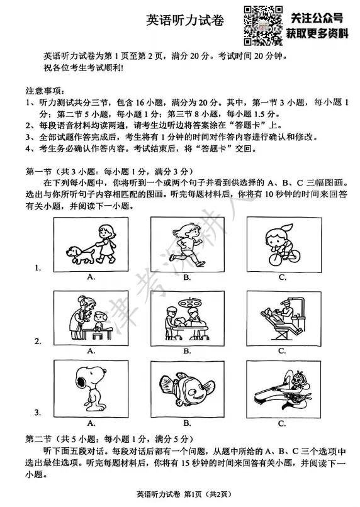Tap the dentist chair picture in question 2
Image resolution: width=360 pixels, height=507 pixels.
click(283, 316)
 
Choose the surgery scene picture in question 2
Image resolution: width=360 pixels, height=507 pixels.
click(187, 316)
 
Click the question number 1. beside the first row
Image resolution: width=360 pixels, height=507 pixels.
click(38, 268)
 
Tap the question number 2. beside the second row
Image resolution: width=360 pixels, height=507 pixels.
click(38, 342)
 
